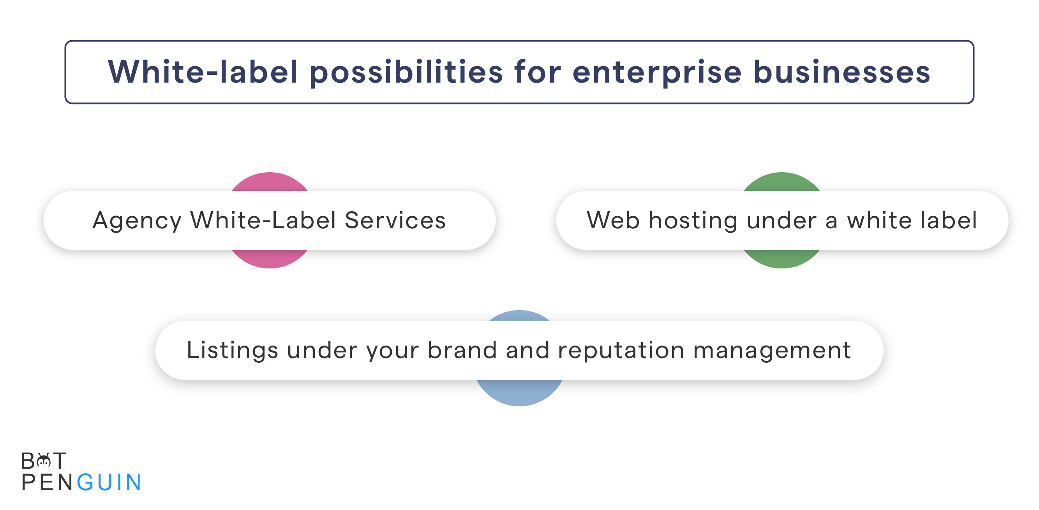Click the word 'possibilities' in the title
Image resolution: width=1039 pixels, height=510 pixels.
[x=406, y=72]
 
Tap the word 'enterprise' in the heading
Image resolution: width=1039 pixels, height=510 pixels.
[x=657, y=72]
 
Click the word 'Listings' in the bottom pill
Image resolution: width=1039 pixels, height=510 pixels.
[x=232, y=350]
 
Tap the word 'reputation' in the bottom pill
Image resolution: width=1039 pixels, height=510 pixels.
[x=621, y=350]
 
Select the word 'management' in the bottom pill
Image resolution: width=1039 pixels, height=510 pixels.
[x=772, y=350]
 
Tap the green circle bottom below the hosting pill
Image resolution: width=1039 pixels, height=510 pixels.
[x=781, y=259]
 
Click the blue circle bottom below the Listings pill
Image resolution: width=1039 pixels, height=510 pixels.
[x=520, y=393]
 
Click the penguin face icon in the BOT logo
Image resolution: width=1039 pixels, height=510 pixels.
[x=44, y=461]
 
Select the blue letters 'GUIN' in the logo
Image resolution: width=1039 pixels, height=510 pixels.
[x=109, y=483]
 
